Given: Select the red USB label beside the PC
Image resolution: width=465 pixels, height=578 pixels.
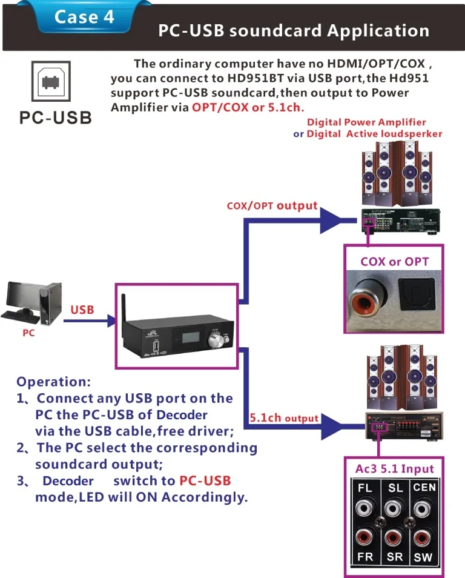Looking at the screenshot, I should (x=82, y=310).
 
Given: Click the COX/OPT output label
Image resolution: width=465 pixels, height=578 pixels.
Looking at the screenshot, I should (x=272, y=205).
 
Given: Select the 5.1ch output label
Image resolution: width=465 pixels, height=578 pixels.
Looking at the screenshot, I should (x=284, y=418).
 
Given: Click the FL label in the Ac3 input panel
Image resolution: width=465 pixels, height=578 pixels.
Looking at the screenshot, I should (x=365, y=488).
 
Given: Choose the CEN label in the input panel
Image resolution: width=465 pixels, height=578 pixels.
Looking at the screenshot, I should (x=424, y=487).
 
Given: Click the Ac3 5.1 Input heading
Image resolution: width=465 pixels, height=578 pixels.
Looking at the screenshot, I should (x=394, y=468).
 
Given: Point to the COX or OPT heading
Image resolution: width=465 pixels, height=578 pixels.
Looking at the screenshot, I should (x=394, y=262).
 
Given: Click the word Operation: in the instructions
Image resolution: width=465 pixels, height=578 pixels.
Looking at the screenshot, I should (x=53, y=382).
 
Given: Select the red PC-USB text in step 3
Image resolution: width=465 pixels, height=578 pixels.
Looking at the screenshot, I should (x=205, y=480).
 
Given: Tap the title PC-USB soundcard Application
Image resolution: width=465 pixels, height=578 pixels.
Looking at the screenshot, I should (x=294, y=31).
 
